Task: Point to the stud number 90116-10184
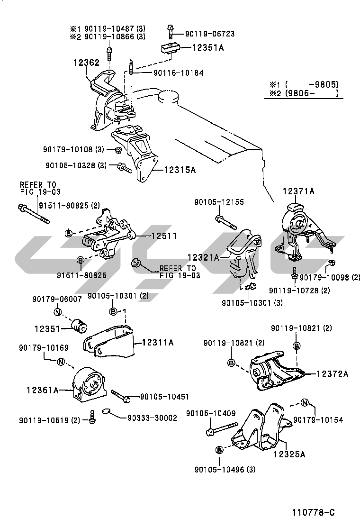click(178, 73)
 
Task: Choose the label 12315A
click(180, 169)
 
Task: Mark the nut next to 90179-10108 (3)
click(118, 150)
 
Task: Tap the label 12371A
click(299, 191)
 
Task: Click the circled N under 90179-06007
click(57, 312)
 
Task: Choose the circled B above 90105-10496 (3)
click(219, 449)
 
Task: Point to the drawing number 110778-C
click(313, 512)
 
